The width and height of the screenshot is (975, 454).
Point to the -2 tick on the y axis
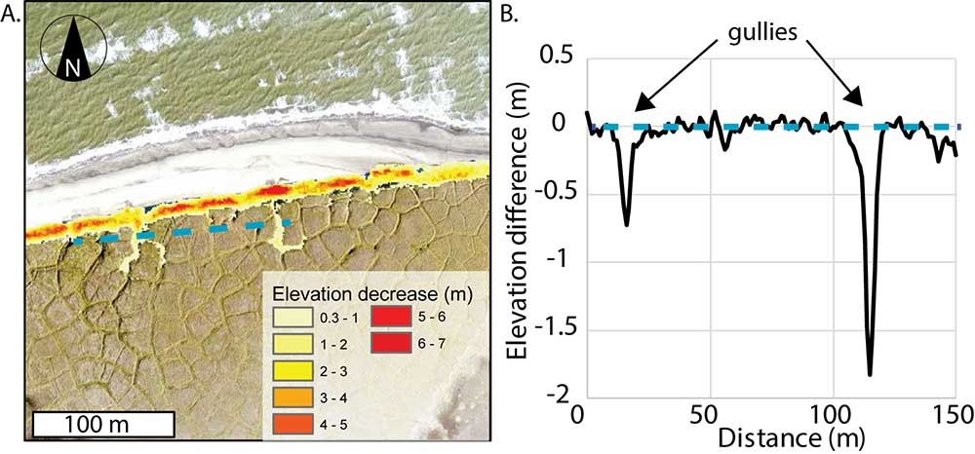tap(560, 394)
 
